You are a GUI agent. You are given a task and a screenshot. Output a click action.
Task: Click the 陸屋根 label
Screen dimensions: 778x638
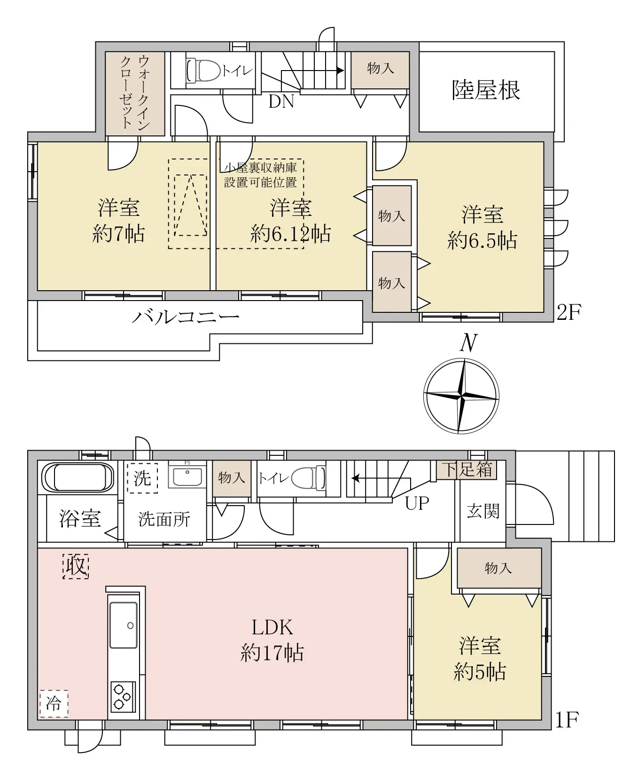[x=486, y=90]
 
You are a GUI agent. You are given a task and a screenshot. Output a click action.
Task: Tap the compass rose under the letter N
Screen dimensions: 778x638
[x=461, y=396]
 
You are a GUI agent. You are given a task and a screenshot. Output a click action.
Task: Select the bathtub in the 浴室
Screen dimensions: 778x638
[x=78, y=477]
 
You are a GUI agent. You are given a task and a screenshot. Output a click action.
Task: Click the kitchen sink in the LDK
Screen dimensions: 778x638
[x=124, y=625]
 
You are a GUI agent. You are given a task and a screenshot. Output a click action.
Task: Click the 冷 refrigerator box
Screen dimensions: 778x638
[x=54, y=704]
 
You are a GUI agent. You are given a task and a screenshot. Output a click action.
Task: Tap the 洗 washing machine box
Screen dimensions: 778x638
[x=142, y=478]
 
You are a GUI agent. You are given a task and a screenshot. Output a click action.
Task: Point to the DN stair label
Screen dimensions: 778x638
[x=281, y=101]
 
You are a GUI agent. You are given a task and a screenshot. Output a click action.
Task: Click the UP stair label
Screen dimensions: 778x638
[x=417, y=504]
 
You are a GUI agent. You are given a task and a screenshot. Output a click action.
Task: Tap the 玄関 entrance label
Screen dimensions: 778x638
[x=482, y=511]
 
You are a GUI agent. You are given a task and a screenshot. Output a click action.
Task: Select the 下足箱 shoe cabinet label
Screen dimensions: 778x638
[x=468, y=469]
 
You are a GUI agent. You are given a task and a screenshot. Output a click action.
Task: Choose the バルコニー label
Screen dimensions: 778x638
[x=185, y=318]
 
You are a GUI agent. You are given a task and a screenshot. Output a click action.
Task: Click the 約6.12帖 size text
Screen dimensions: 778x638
[x=290, y=234]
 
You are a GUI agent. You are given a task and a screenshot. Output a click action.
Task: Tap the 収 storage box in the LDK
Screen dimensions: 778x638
[x=76, y=565]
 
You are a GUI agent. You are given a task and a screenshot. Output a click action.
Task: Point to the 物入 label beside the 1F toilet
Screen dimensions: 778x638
[x=231, y=478]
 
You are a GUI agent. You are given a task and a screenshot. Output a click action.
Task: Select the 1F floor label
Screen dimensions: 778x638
[x=567, y=720]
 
